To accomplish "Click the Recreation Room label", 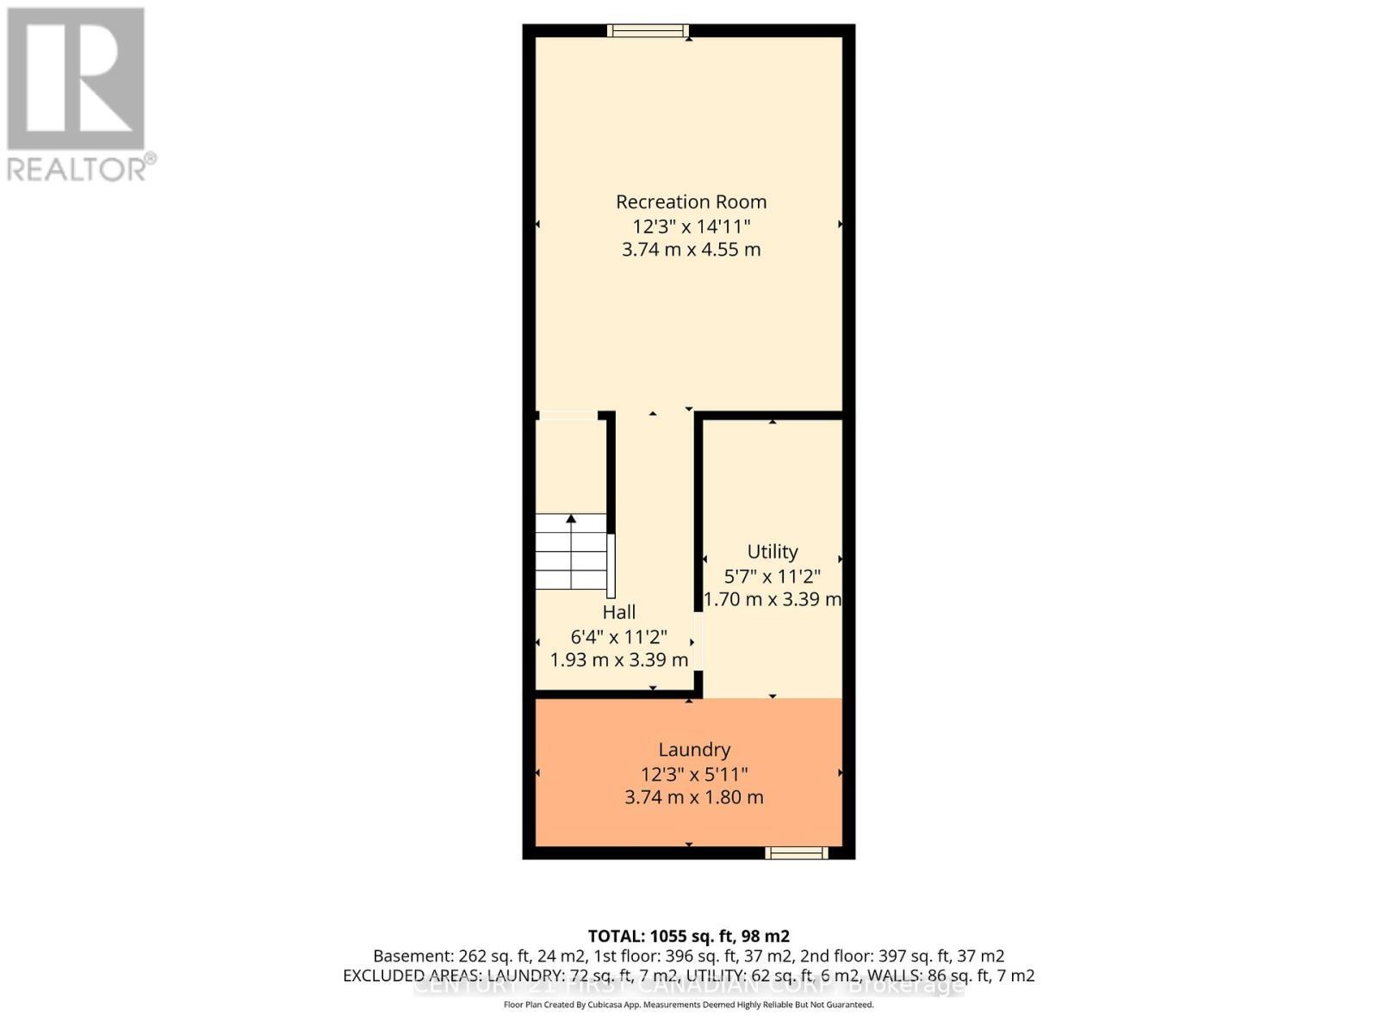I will pyautogui.click(x=691, y=201).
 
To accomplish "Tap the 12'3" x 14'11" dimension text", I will pyautogui.click(x=691, y=226).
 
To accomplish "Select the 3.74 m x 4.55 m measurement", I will pyautogui.click(x=691, y=250).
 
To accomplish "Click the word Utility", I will pyautogui.click(x=772, y=551).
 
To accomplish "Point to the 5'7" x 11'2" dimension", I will pyautogui.click(x=772, y=576).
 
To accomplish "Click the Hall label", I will pyautogui.click(x=618, y=612).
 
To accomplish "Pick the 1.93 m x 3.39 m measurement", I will pyautogui.click(x=618, y=660).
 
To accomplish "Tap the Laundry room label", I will pyautogui.click(x=694, y=750).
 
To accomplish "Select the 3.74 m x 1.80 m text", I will pyautogui.click(x=694, y=797).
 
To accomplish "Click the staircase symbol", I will pyautogui.click(x=571, y=552).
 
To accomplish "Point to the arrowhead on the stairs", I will pyautogui.click(x=571, y=518).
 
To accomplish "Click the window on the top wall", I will pyautogui.click(x=648, y=31).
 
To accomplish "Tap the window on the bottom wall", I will pyautogui.click(x=797, y=853).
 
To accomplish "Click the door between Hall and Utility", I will pyautogui.click(x=699, y=641).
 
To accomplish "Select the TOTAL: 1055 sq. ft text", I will pyautogui.click(x=688, y=936).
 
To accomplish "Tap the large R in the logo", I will pyautogui.click(x=76, y=79).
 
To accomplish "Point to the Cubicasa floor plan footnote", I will pyautogui.click(x=688, y=1005).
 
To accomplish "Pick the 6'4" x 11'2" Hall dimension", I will pyautogui.click(x=618, y=637).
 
